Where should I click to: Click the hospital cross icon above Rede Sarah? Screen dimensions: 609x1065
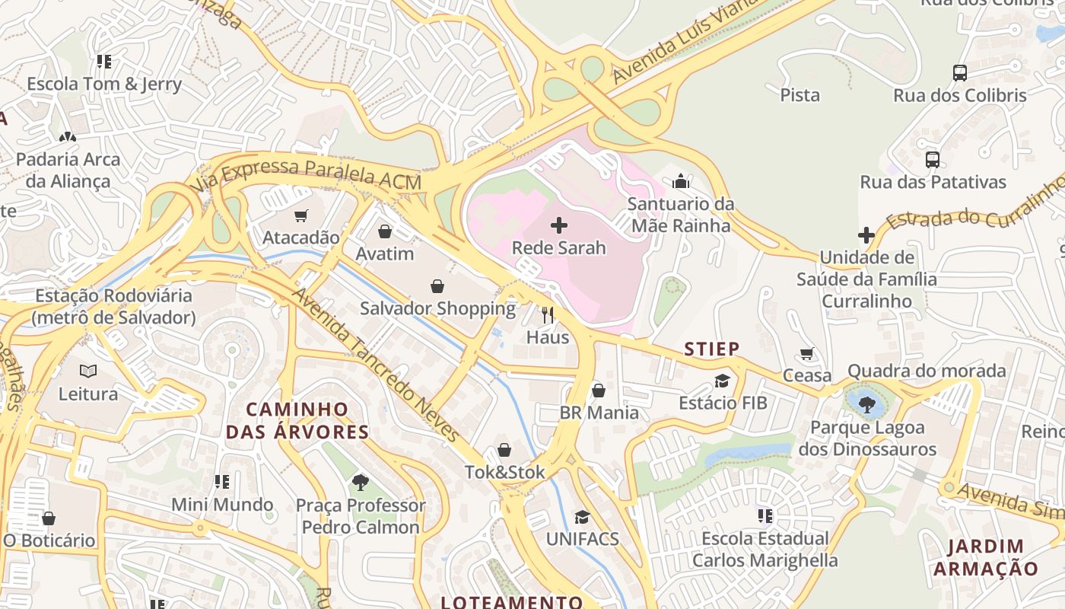559,225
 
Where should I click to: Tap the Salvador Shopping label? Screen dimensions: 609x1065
437,309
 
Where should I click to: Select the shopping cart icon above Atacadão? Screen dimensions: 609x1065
301,215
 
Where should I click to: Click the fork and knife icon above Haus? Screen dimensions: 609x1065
548,314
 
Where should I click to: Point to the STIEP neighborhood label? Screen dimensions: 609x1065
711,349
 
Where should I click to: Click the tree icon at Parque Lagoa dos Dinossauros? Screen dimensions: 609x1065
866,404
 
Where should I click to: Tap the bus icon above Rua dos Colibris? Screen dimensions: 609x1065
960,73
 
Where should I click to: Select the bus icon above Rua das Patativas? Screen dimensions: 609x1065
933,160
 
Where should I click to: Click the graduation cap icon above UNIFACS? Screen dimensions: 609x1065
582,517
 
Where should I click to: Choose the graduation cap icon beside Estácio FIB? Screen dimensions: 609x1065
722,381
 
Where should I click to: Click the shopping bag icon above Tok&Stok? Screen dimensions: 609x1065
504,450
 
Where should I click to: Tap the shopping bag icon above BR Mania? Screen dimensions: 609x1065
599,391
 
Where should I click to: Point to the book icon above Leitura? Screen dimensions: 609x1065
88,371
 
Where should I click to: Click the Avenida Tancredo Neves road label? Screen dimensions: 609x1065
377,365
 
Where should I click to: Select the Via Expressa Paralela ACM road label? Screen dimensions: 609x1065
305,175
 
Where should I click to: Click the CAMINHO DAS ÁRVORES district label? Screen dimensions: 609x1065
297,421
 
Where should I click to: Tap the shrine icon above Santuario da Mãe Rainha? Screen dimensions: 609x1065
681,181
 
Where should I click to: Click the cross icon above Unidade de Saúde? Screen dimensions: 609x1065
866,235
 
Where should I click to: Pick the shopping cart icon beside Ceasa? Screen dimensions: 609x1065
807,354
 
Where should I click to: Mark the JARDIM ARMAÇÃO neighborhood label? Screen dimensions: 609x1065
985,557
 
